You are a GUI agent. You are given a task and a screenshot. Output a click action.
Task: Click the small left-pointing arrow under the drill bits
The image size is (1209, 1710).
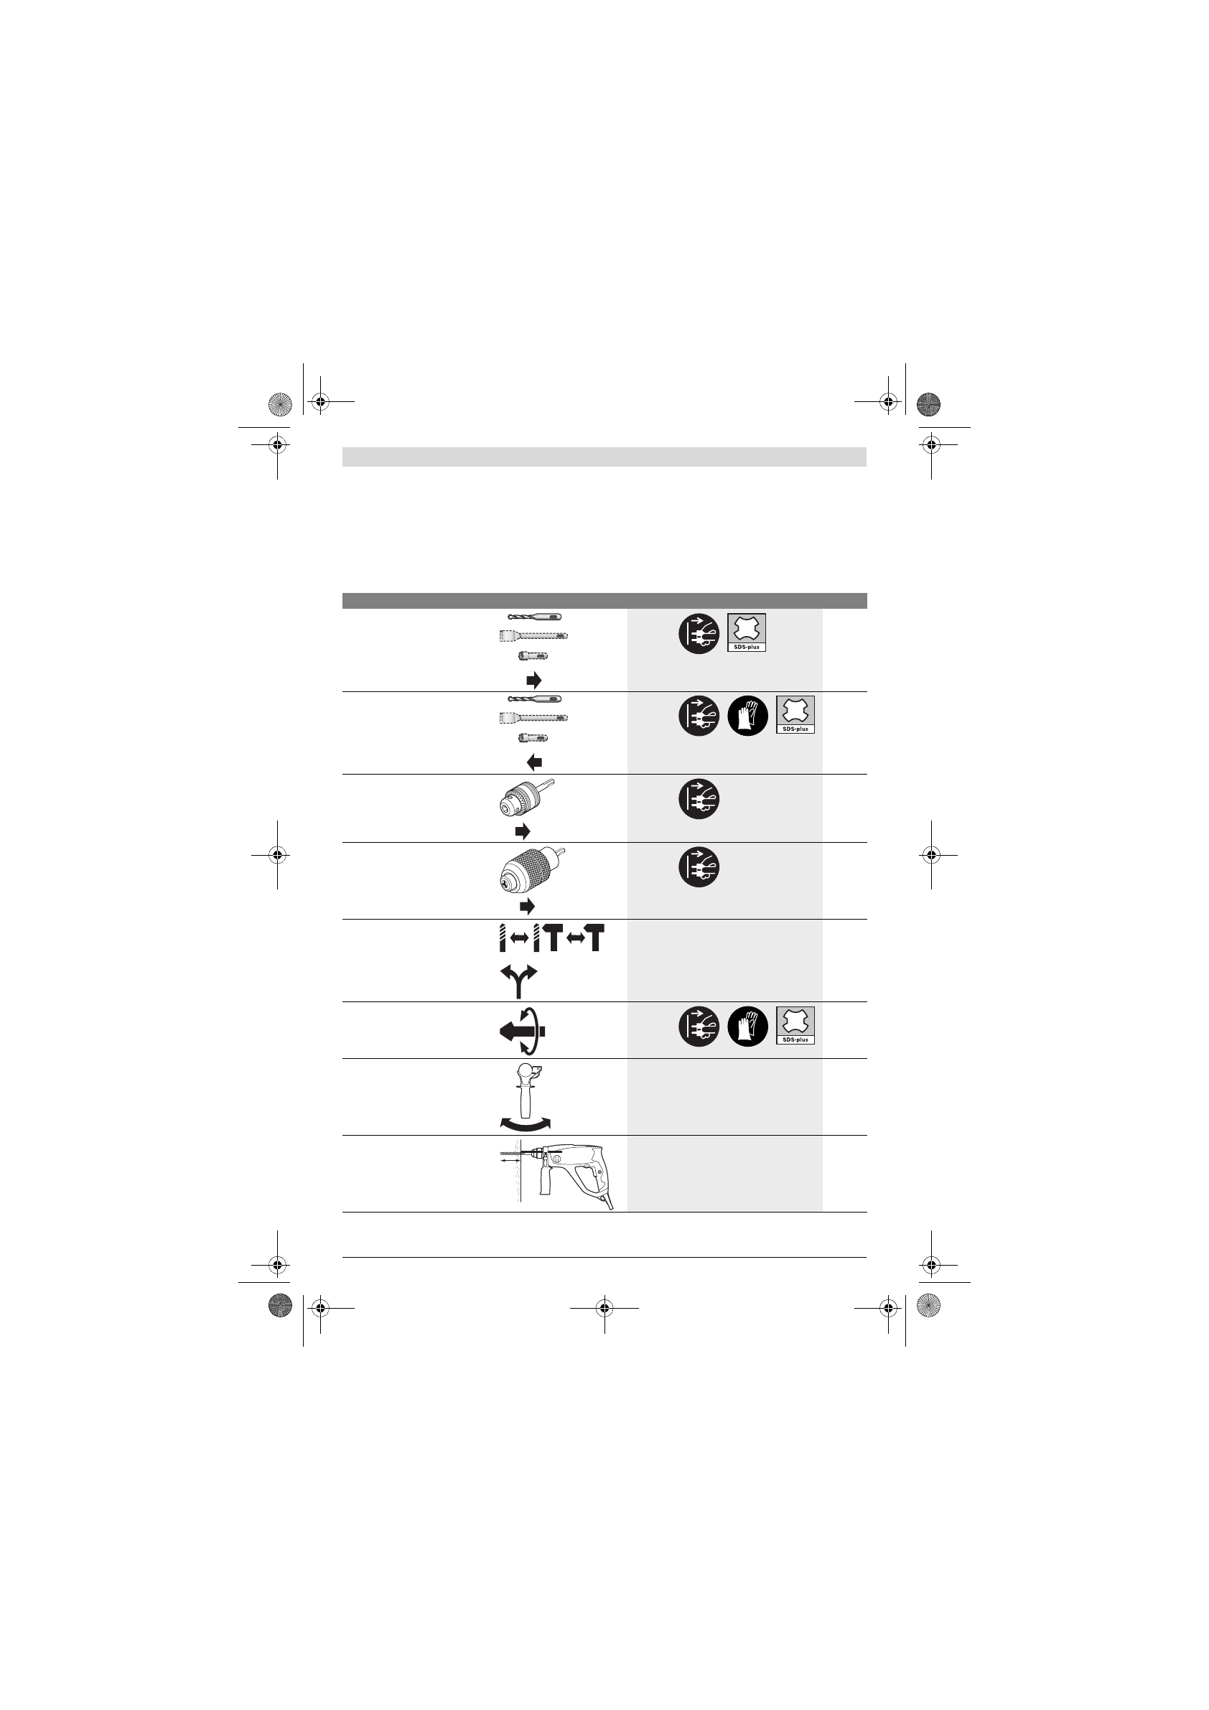534,762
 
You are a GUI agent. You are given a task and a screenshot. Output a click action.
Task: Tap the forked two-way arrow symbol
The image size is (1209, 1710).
520,981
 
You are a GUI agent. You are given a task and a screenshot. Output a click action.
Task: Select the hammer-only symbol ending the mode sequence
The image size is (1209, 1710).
594,938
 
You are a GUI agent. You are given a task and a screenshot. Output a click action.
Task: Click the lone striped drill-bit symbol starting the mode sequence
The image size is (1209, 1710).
503,938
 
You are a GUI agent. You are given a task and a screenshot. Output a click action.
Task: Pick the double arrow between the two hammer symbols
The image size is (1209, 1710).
574,938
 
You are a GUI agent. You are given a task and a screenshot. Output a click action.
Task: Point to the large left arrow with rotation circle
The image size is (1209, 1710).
523,1031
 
